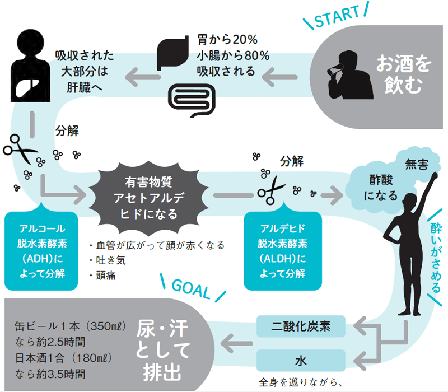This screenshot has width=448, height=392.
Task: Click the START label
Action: [336, 19]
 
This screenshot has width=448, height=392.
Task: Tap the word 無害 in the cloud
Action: [417, 165]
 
